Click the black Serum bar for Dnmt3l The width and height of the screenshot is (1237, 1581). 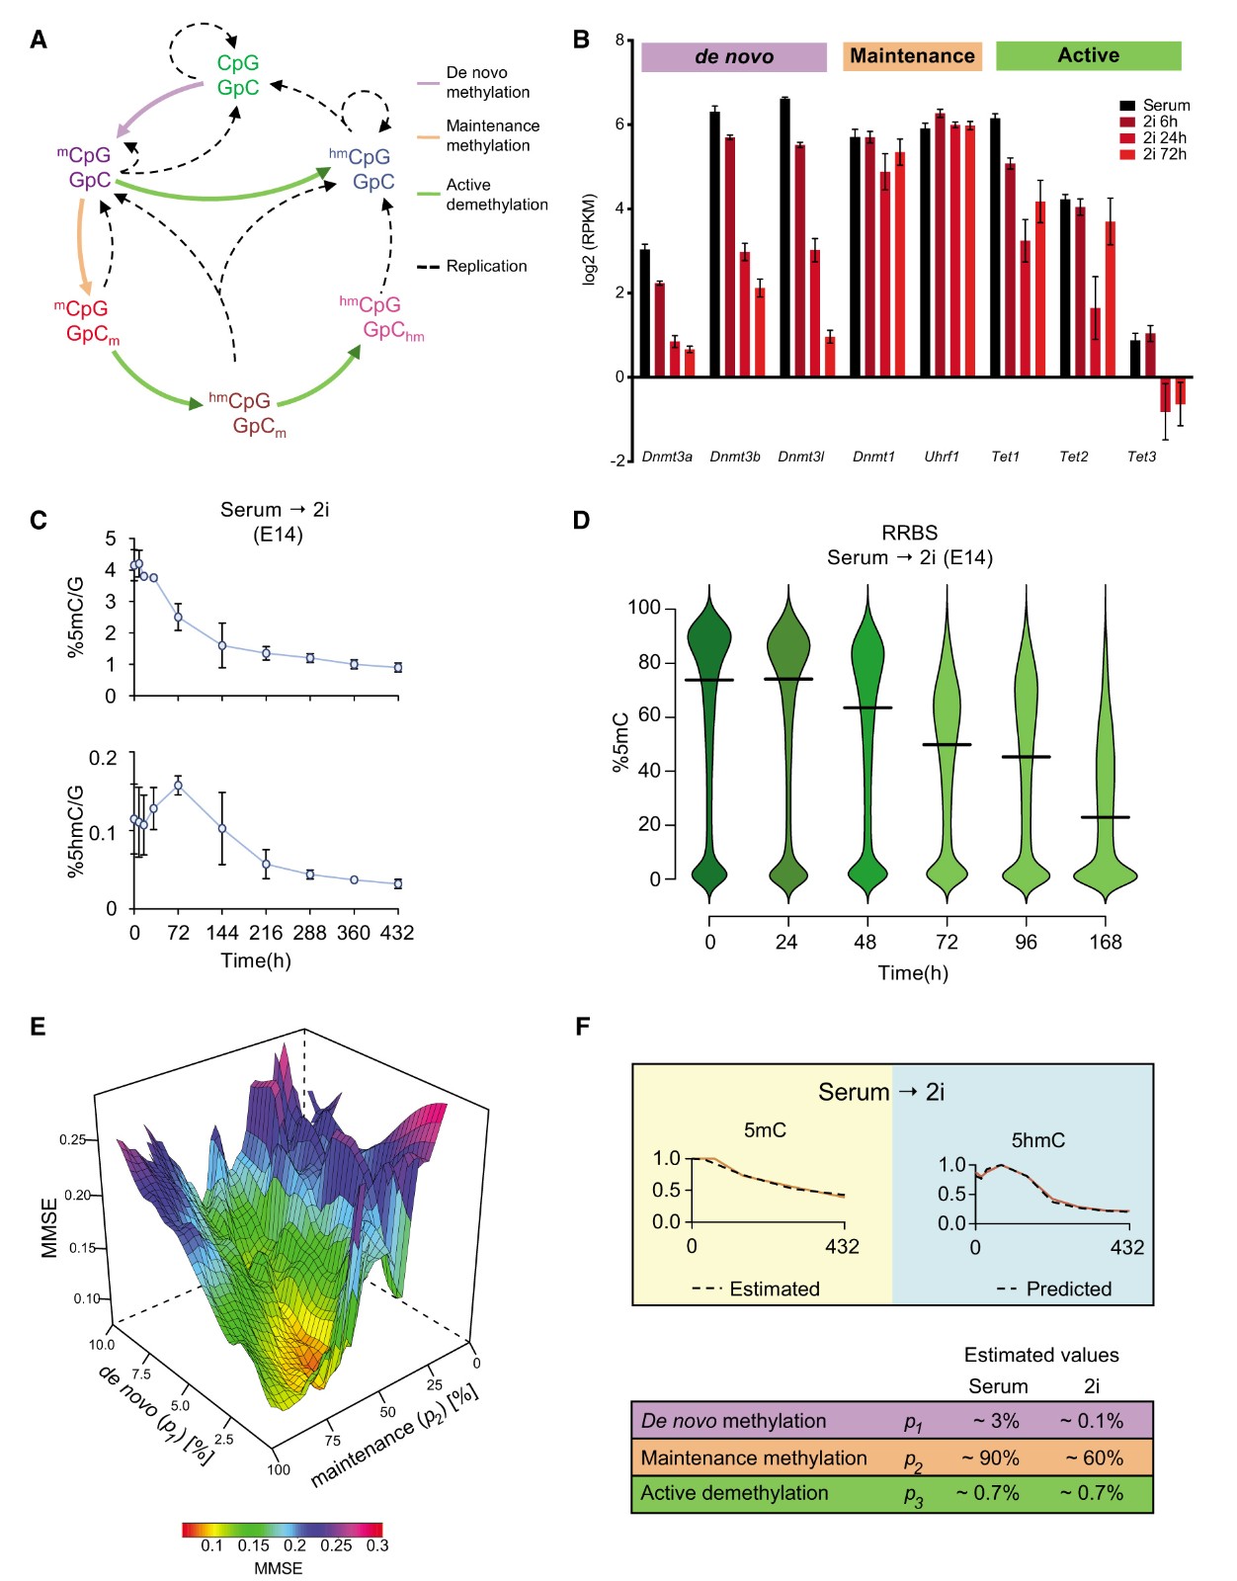[784, 237]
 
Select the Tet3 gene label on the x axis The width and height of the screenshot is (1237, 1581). [1141, 457]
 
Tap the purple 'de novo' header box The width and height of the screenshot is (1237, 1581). [733, 57]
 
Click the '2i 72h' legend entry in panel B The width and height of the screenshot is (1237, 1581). [1164, 154]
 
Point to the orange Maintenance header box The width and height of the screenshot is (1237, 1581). [912, 56]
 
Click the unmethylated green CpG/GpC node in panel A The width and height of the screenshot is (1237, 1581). [238, 76]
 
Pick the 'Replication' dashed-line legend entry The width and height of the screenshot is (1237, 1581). [486, 267]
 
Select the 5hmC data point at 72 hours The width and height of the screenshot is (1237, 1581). [178, 787]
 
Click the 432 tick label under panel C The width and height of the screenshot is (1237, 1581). [397, 933]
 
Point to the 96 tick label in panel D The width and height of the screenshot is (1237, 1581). [1027, 943]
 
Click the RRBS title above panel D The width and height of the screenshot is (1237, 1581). [909, 533]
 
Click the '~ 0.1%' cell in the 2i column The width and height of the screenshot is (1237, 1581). [1092, 1421]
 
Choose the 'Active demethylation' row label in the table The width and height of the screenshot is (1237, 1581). [734, 1493]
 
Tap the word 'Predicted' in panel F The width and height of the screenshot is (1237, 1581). [1068, 1289]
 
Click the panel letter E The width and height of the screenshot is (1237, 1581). [38, 1027]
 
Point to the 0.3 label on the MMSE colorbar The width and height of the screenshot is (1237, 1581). [377, 1545]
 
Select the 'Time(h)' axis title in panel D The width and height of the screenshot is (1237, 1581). [913, 973]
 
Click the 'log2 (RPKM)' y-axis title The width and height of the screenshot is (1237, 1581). [590, 239]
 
